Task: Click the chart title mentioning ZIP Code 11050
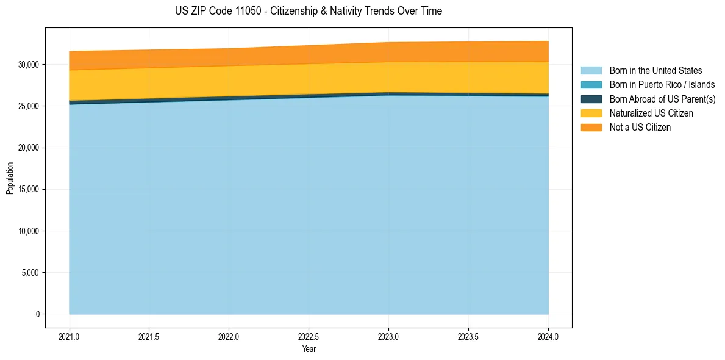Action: [308, 11]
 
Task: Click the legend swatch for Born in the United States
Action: [591, 71]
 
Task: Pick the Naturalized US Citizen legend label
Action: [651, 113]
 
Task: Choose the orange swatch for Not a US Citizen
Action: [591, 127]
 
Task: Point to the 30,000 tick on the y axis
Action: [29, 65]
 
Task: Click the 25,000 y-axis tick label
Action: [29, 106]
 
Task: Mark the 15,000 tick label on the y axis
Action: [29, 190]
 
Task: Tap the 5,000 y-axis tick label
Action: [30, 273]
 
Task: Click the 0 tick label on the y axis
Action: [37, 314]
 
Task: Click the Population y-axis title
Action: [10, 178]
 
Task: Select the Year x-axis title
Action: [309, 350]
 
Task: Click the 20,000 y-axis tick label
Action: [29, 148]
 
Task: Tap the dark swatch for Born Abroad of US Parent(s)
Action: [591, 99]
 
